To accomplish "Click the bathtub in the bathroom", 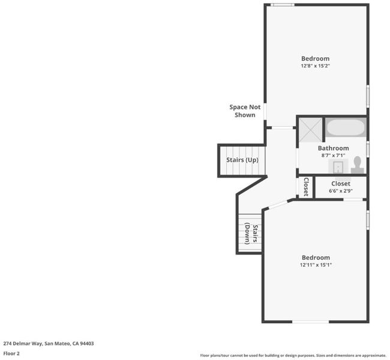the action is click(x=346, y=127).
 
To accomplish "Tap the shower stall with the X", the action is click(x=310, y=130).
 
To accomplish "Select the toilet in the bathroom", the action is click(x=358, y=164).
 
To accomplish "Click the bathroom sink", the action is click(x=338, y=166).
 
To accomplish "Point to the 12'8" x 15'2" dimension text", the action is click(x=316, y=66).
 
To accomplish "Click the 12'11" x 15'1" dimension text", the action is click(x=316, y=265).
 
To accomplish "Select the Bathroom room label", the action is click(x=333, y=148).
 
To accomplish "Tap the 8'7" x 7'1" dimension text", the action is click(x=333, y=155).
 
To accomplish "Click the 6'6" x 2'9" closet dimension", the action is click(x=341, y=191).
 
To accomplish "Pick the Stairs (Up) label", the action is click(x=242, y=160).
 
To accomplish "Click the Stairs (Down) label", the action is click(x=251, y=233).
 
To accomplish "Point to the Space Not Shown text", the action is click(x=245, y=111).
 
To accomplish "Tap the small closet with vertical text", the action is click(x=306, y=187).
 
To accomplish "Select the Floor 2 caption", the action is click(x=11, y=353).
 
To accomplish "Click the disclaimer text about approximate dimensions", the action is click(x=293, y=356).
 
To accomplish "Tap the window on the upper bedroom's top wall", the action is click(x=283, y=5).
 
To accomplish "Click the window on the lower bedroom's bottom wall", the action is click(x=310, y=322).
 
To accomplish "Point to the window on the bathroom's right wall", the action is click(x=368, y=149).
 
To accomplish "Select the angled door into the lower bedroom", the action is click(x=278, y=205).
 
